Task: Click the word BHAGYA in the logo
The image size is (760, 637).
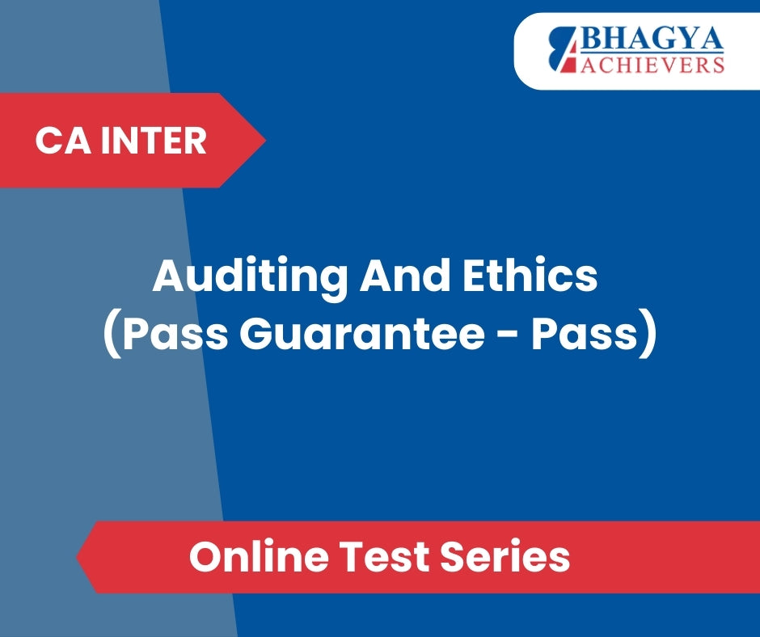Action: tap(652, 40)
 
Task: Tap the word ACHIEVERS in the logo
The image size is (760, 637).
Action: tap(652, 65)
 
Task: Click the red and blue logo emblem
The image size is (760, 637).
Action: tap(564, 49)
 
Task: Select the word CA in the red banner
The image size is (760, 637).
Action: tap(62, 141)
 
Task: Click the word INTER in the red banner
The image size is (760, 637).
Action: tap(154, 141)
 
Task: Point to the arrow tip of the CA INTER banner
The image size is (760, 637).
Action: tap(266, 140)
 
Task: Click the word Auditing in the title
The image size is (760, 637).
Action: tap(250, 276)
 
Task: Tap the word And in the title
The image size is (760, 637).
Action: tap(405, 276)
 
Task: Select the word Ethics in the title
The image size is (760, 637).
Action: tap(530, 276)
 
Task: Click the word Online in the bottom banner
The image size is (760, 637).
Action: tap(260, 556)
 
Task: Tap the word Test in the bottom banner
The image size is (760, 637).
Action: tap(384, 556)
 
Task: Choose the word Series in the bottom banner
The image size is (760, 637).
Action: tap(505, 556)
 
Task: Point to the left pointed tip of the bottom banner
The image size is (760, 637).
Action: tap(77, 557)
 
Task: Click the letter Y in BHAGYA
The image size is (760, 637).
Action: tap(687, 40)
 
